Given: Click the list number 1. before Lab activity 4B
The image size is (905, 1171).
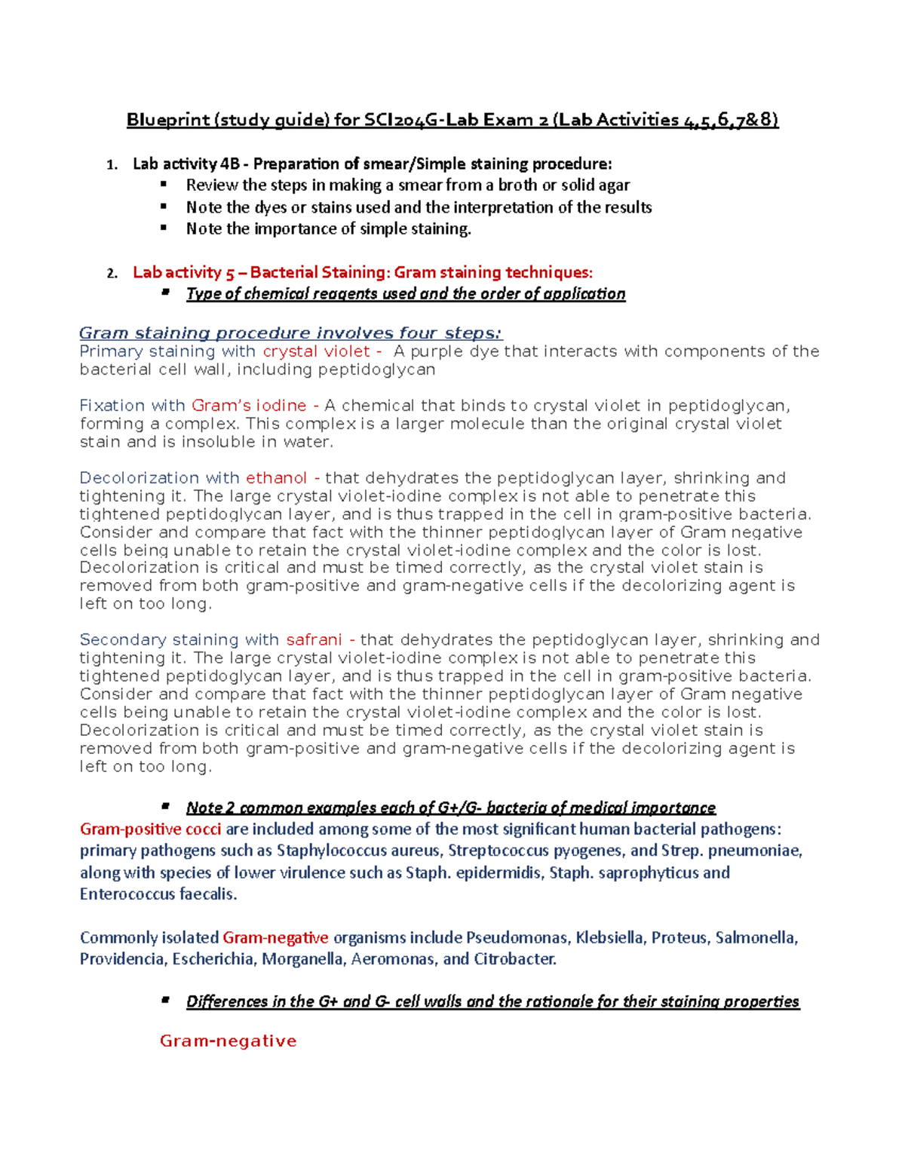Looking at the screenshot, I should click(112, 164).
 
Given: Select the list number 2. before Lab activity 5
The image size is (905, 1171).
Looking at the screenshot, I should click(112, 273).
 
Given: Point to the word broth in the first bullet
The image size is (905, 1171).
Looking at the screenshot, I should click(518, 185).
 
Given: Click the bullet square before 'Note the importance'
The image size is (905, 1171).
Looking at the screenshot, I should click(163, 228).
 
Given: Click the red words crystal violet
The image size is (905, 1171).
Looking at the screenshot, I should click(316, 351).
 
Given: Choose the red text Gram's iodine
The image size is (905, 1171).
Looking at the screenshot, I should click(248, 406).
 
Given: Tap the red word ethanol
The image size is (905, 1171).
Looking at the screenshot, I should click(276, 478).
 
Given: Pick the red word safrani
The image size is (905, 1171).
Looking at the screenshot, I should click(314, 640).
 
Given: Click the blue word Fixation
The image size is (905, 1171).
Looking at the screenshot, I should click(113, 406).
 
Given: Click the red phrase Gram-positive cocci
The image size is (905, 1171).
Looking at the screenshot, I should click(151, 829).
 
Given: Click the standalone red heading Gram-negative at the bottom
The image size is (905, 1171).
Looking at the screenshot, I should click(229, 1041).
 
